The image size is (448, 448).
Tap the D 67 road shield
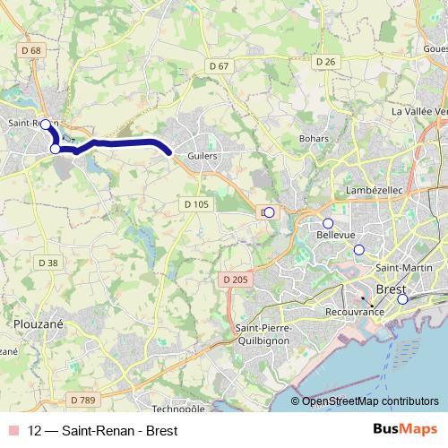(x=219, y=65)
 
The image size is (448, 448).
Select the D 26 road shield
(x=325, y=61)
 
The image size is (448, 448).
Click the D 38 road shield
(x=48, y=263)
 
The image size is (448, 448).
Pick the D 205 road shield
(x=233, y=280)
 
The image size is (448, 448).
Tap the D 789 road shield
(x=82, y=399)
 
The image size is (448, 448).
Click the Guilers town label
(x=203, y=155)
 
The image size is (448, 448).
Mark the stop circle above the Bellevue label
(x=328, y=223)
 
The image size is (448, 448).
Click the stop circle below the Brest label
(x=402, y=299)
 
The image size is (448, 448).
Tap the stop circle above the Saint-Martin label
(x=359, y=250)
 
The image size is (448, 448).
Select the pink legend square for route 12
(x=13, y=430)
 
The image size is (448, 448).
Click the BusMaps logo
(x=404, y=429)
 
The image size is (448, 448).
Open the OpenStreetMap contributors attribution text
(x=370, y=401)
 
